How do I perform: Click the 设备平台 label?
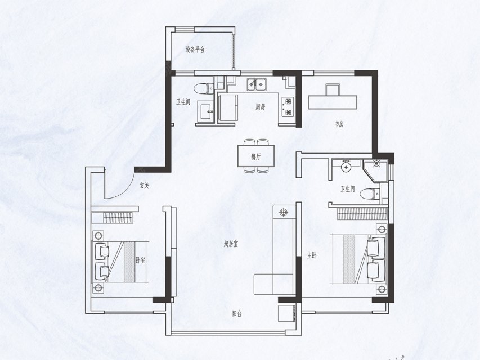pos(195,49)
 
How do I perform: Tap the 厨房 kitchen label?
pos(260,107)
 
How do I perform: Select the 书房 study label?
pos(339,124)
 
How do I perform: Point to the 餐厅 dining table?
pos(256,155)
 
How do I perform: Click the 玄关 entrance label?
pos(144,185)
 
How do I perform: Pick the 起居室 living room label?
pos(231,244)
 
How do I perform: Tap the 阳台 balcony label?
pos(237,313)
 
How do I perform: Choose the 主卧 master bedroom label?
pos(312,255)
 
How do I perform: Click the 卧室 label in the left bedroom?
pos(141,260)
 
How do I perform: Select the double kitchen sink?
pos(257,83)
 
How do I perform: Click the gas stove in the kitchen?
pos(288,107)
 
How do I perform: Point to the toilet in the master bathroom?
pos(370,194)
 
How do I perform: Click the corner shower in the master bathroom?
pos(375,170)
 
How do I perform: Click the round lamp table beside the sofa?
pos(284,211)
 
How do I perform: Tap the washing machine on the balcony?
pos(287,313)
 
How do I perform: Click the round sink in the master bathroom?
pos(346,166)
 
